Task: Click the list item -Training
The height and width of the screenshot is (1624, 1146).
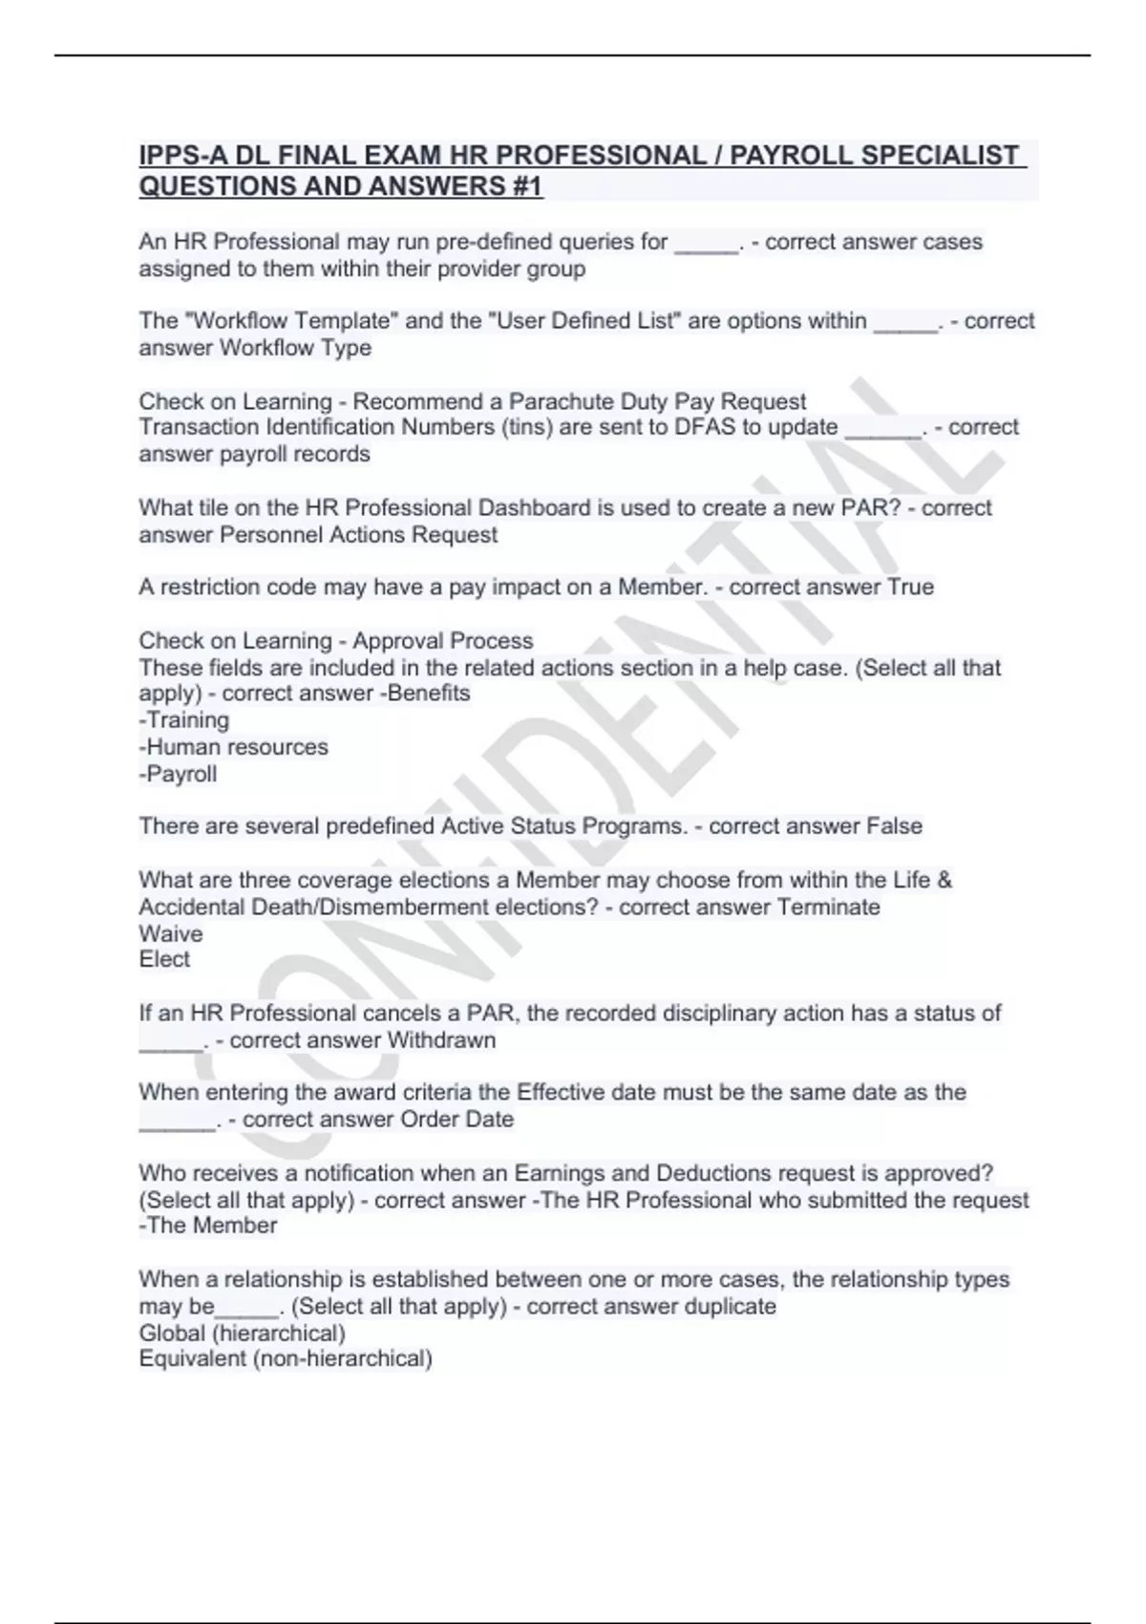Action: coord(184,720)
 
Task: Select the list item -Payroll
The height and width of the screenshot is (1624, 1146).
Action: coord(178,774)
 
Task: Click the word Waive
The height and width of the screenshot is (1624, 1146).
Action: coord(171,933)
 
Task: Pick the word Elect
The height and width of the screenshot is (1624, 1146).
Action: coord(164,959)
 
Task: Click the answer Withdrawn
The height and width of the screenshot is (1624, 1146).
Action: coord(441,1040)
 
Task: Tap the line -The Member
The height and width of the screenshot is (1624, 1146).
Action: coord(208,1226)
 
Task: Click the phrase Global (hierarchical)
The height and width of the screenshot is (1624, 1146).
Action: coord(242,1333)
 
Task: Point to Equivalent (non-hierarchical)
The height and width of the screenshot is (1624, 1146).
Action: coord(286,1358)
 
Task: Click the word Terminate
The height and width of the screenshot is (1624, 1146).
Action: coord(828,907)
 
